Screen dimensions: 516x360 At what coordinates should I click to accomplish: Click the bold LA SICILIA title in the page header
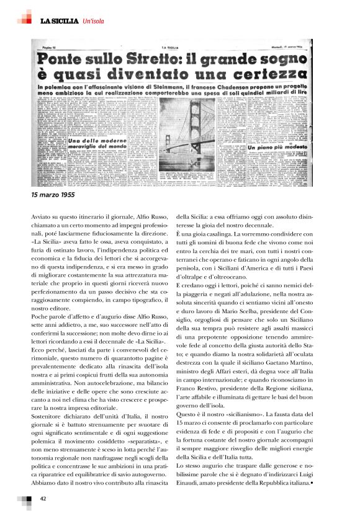(x=60, y=22)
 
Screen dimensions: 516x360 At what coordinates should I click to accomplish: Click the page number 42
(x=43, y=498)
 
